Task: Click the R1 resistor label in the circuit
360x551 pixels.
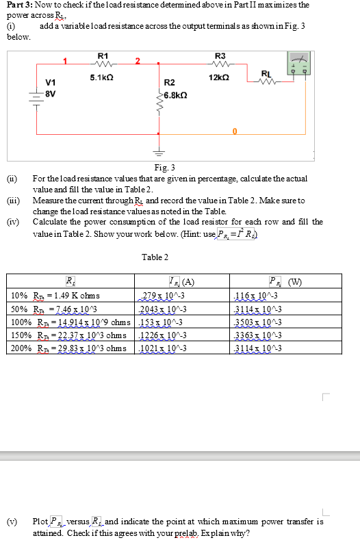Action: [x=103, y=55]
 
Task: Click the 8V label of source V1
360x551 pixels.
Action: [x=50, y=94]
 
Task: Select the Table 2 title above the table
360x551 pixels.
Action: [x=155, y=257]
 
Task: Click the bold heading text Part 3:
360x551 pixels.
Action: [x=21, y=5]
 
